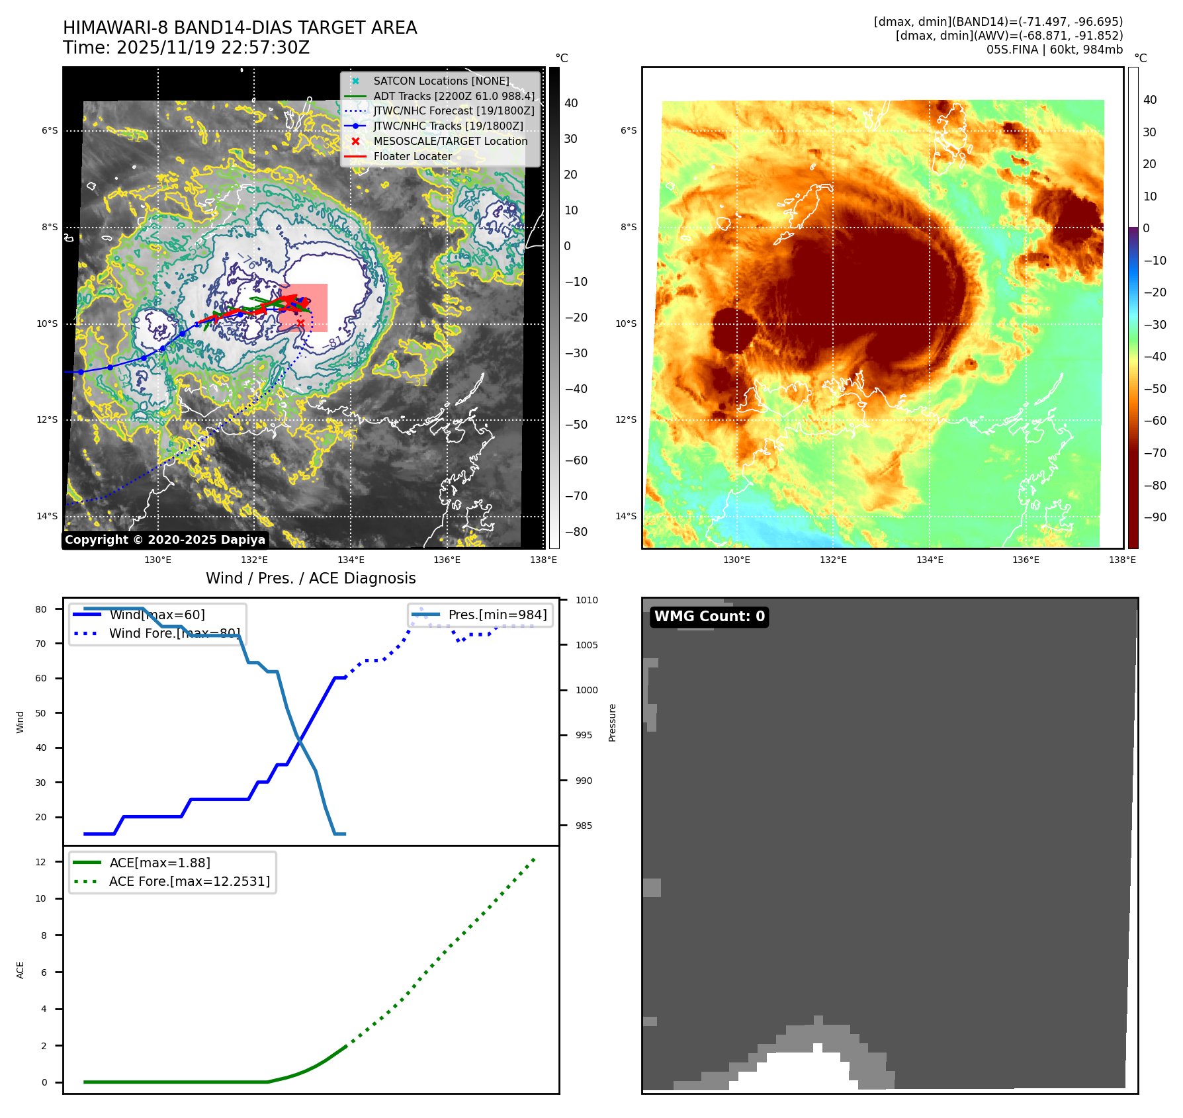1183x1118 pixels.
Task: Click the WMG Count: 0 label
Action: tap(709, 617)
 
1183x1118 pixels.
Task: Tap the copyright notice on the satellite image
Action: tap(165, 540)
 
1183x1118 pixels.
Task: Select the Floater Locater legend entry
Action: tap(412, 157)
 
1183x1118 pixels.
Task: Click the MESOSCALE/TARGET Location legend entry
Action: tap(450, 142)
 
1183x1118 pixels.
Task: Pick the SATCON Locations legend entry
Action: tap(441, 81)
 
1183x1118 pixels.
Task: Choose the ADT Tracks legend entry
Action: tap(453, 97)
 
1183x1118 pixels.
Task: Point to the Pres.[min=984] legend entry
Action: tap(497, 615)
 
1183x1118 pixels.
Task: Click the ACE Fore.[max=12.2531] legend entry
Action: tap(189, 882)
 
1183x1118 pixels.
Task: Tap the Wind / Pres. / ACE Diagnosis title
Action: tap(310, 579)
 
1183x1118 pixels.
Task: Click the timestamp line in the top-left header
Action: tap(186, 48)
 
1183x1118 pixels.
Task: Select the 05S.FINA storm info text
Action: tap(1054, 50)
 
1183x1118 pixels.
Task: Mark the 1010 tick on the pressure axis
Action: tap(586, 601)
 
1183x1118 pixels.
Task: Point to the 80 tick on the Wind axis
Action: tap(41, 609)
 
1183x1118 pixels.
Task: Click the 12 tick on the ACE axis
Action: tap(41, 862)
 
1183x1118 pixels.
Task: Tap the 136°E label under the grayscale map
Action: tap(447, 560)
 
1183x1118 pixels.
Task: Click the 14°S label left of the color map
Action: tap(626, 517)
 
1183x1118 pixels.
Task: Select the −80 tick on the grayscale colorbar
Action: tap(576, 532)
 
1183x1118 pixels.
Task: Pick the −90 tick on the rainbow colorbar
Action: tap(1155, 517)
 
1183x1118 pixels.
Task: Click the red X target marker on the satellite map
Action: tap(300, 323)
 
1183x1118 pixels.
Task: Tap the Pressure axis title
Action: tap(613, 722)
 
